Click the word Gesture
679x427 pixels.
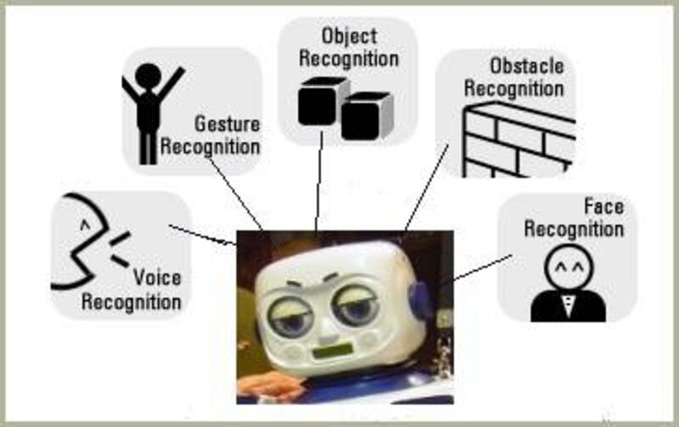[227, 124]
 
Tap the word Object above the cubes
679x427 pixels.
[348, 37]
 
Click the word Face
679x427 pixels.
[603, 206]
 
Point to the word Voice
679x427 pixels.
[157, 278]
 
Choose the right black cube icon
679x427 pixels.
[366, 115]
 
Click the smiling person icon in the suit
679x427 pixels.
[568, 284]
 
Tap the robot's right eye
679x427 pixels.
[356, 308]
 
